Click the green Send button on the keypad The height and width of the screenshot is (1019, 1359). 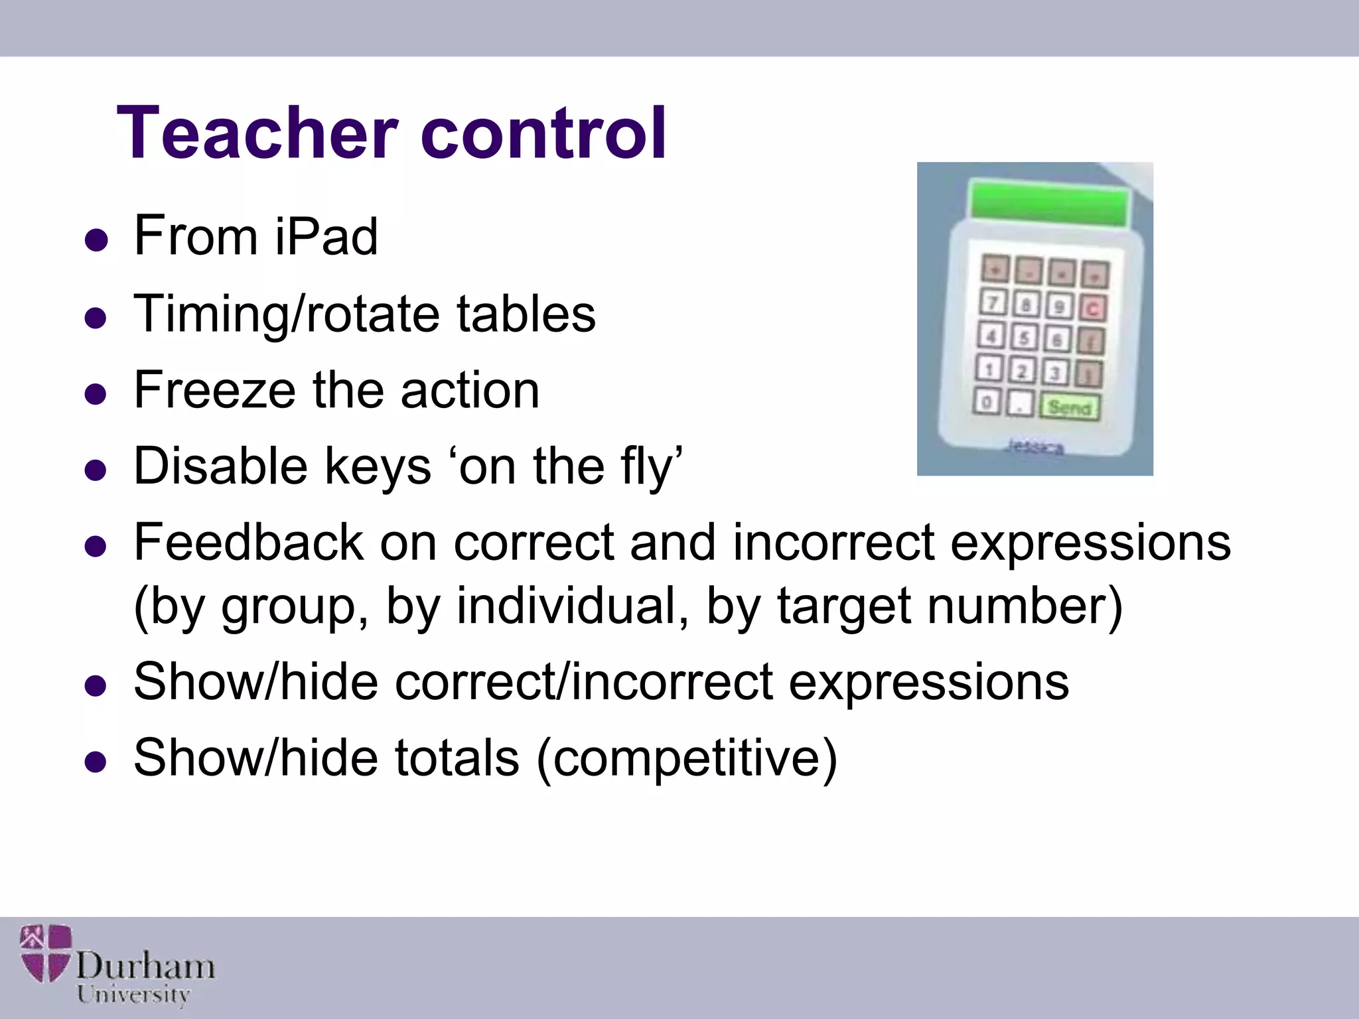[1069, 407]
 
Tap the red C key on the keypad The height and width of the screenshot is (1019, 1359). [1092, 308]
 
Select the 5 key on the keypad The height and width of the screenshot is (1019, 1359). [1024, 338]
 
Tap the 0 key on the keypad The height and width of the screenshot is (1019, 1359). [987, 401]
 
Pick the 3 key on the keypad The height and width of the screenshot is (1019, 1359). [1055, 372]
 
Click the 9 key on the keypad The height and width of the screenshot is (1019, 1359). [1059, 306]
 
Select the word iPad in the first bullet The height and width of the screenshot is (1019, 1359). [326, 236]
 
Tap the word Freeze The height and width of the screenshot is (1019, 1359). [214, 390]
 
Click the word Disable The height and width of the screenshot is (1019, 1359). [220, 466]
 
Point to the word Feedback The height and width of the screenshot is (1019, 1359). [248, 543]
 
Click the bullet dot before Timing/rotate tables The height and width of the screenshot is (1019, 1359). [96, 318]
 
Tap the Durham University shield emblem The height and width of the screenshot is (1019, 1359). [45, 953]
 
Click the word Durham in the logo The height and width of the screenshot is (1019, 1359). [145, 965]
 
